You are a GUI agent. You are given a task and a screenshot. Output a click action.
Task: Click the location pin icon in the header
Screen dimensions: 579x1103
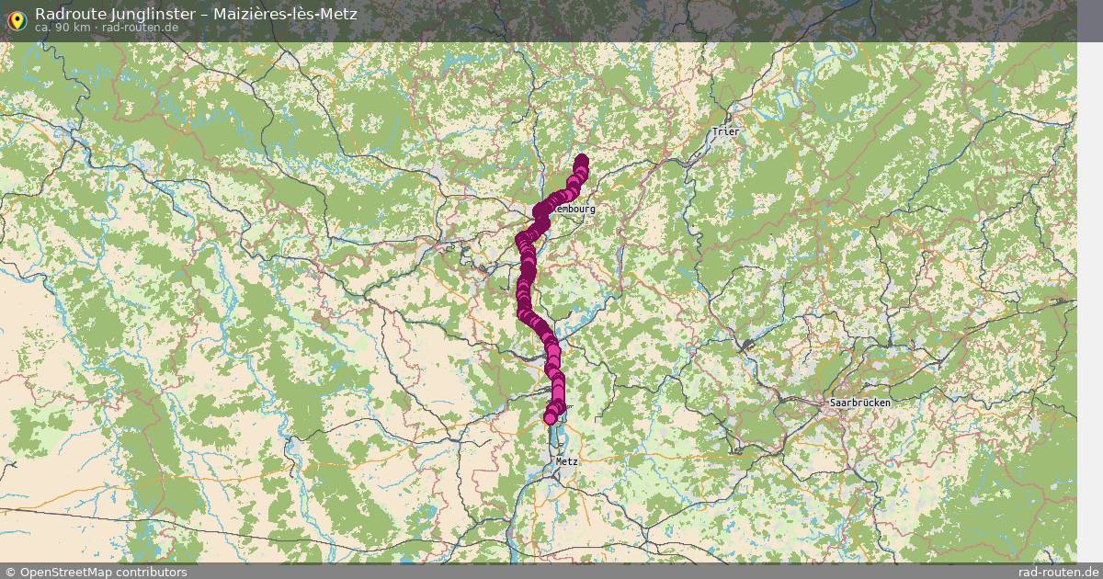(16, 19)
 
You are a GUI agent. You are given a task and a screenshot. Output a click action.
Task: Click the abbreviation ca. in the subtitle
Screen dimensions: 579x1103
(43, 28)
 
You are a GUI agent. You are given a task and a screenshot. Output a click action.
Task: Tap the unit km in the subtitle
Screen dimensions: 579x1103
(81, 28)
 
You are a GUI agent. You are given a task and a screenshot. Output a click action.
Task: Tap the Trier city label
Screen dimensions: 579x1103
(725, 131)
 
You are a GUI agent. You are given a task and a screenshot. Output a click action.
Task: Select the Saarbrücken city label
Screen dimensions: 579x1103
(859, 403)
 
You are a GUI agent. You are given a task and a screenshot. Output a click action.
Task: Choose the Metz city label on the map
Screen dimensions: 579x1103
(566, 461)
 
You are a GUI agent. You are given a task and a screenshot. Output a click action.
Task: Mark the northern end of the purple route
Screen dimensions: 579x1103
(581, 161)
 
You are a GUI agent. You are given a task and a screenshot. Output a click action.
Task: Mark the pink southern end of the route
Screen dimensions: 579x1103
(551, 418)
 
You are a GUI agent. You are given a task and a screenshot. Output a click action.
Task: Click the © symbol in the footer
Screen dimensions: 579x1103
(9, 572)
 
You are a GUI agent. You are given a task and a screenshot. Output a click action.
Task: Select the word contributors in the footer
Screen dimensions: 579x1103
(154, 572)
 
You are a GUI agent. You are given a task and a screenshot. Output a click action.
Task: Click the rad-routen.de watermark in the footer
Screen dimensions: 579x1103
(1058, 572)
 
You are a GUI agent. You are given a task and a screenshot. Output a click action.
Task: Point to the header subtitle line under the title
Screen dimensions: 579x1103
(107, 28)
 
